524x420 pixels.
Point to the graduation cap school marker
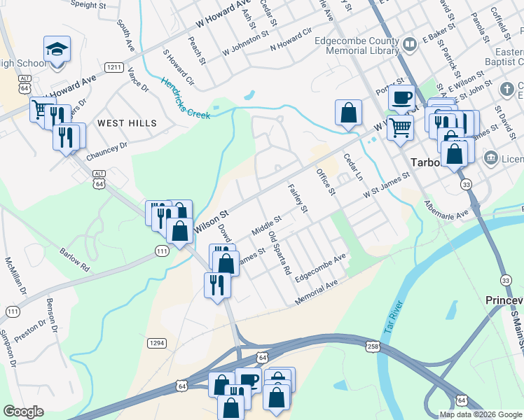coord(57,50)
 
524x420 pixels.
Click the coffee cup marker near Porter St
coord(401,98)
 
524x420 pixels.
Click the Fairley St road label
coord(298,197)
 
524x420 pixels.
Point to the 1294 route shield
coord(156,342)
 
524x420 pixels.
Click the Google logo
coord(23,412)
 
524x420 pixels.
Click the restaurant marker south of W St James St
coord(216,284)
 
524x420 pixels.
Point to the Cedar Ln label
coord(353,167)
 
